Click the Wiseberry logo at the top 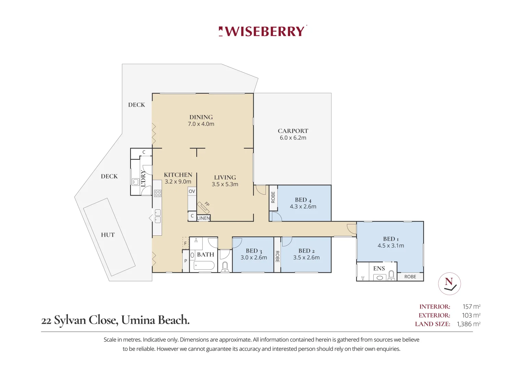(262, 31)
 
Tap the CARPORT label (293, 131)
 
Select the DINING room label (201, 117)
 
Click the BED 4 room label (303, 200)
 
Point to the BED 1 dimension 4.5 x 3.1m (391, 246)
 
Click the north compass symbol (449, 284)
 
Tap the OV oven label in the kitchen (192, 191)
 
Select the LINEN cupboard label (203, 218)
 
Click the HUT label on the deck (108, 235)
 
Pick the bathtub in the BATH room (204, 266)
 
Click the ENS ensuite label (379, 268)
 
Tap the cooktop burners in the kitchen (158, 194)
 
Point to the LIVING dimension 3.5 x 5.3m (225, 184)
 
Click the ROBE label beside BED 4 (273, 197)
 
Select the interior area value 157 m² (471, 307)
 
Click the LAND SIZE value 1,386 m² (469, 324)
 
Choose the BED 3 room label (254, 251)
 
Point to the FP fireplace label (207, 204)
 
